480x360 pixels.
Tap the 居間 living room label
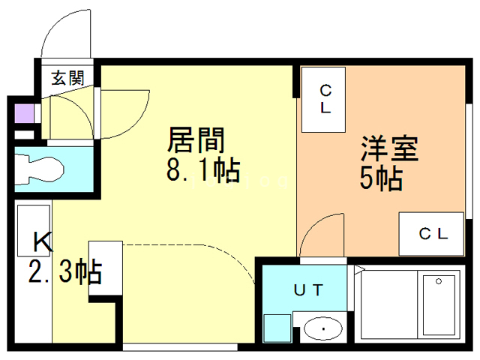(196, 139)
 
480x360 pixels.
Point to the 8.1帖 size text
(202, 172)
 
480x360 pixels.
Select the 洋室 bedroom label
(388, 147)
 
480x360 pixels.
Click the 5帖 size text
(381, 178)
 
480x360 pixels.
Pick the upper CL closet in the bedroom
(325, 99)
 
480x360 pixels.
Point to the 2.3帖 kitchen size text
(66, 272)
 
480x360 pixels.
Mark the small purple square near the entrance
(25, 114)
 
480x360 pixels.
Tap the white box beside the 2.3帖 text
(105, 270)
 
